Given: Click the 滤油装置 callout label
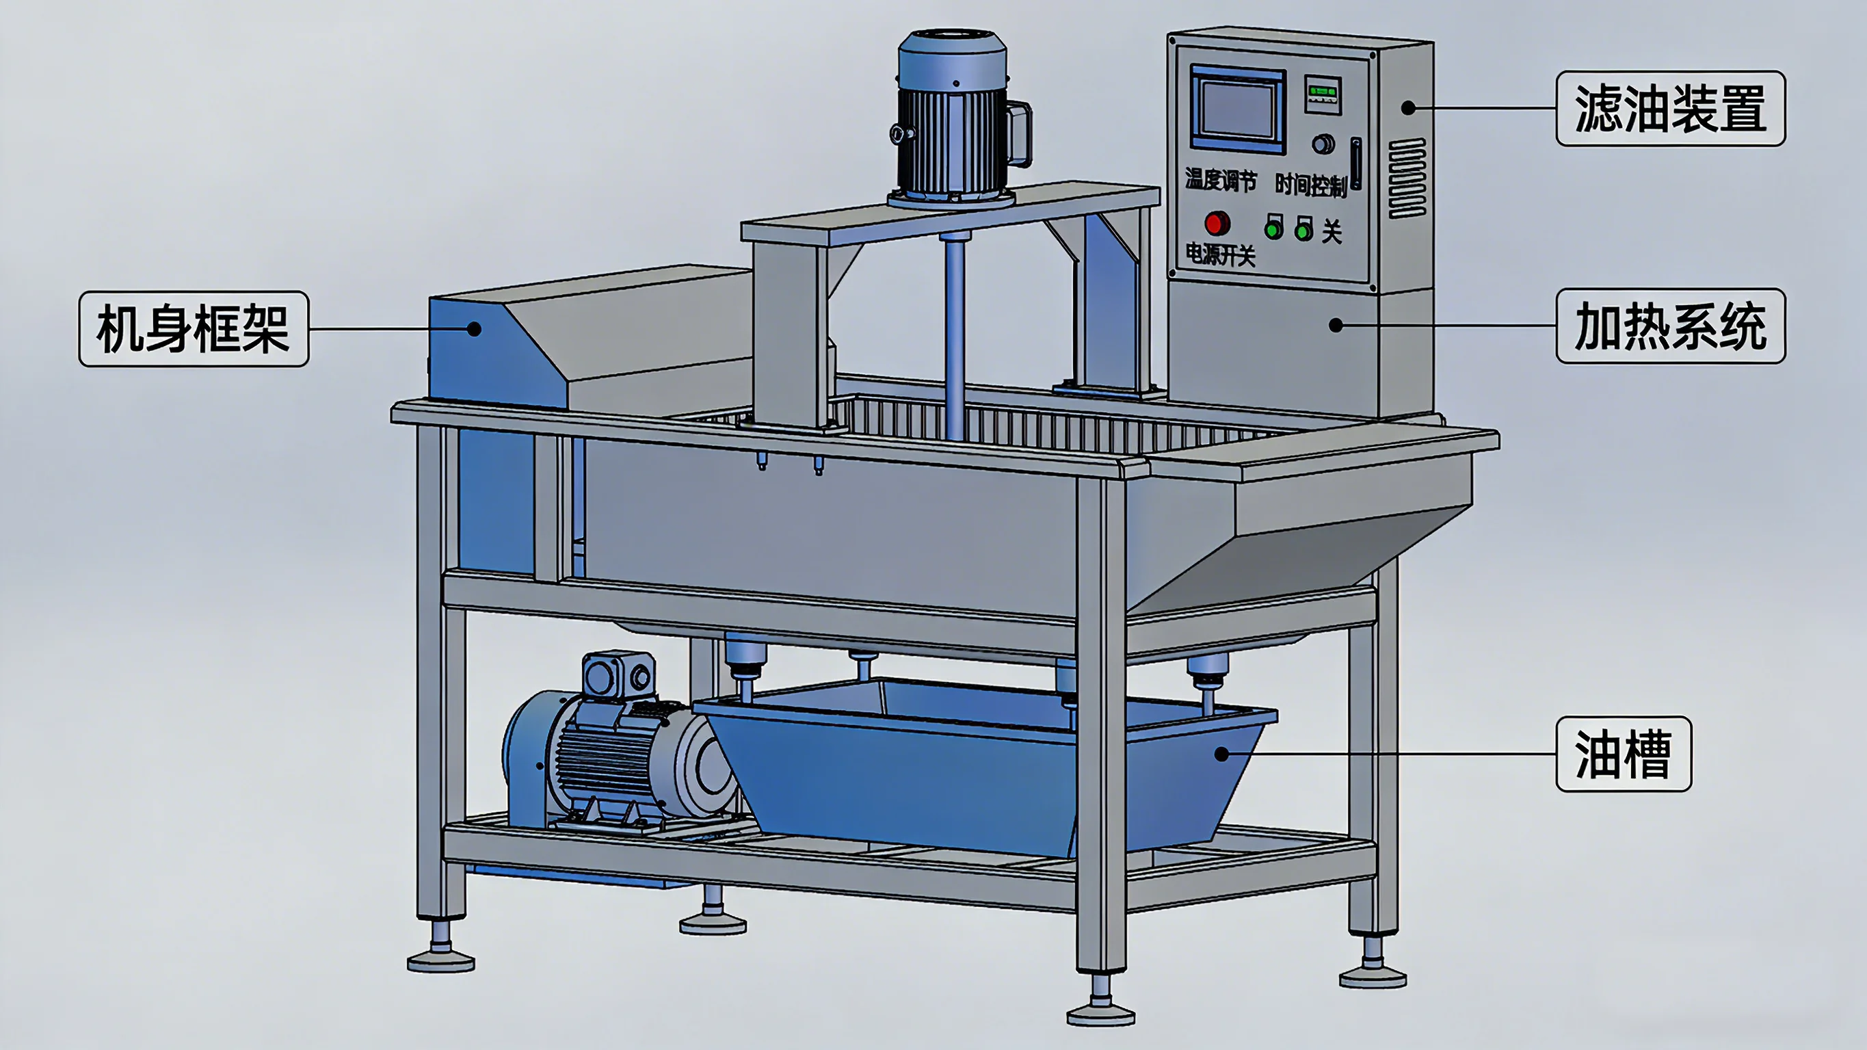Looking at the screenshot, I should click(x=1670, y=109).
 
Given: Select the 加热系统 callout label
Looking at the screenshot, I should click(x=1670, y=326).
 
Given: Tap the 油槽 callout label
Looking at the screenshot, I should click(x=1624, y=754).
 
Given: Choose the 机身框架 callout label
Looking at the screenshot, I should click(x=194, y=329).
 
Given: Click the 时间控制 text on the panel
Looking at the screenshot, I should click(x=1310, y=185).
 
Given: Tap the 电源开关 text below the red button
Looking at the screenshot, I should click(x=1220, y=254).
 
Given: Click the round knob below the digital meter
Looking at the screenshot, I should click(x=1323, y=144).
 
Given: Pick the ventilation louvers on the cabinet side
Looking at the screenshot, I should click(x=1407, y=179).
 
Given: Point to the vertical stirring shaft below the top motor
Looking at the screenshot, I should click(x=954, y=334).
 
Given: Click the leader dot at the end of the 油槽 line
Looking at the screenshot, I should click(x=1221, y=754).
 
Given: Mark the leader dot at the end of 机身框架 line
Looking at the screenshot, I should click(x=474, y=329).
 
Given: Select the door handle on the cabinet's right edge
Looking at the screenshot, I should click(x=1356, y=163).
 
